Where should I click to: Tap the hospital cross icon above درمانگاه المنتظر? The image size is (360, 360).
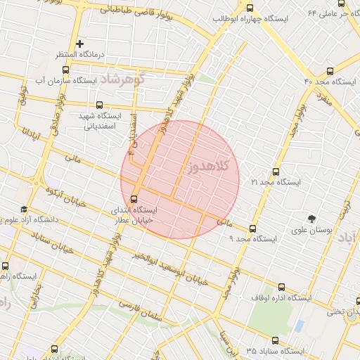tap(79, 44)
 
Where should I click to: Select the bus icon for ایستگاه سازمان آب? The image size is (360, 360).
tap(65, 70)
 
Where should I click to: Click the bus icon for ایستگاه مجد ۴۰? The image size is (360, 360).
tap(330, 70)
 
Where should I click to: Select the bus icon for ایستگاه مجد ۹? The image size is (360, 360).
tap(252, 228)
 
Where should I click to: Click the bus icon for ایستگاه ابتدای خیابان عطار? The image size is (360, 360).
tap(135, 198)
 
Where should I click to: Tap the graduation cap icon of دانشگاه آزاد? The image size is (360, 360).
tap(24, 209)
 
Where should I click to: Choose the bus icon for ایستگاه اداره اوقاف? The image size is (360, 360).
tap(282, 287)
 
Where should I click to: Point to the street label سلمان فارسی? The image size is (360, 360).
tap(139, 312)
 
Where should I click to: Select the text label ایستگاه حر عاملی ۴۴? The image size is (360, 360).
tap(330, 13)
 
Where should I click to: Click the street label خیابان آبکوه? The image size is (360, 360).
tap(64, 197)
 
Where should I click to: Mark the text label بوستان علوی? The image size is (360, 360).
tap(312, 230)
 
